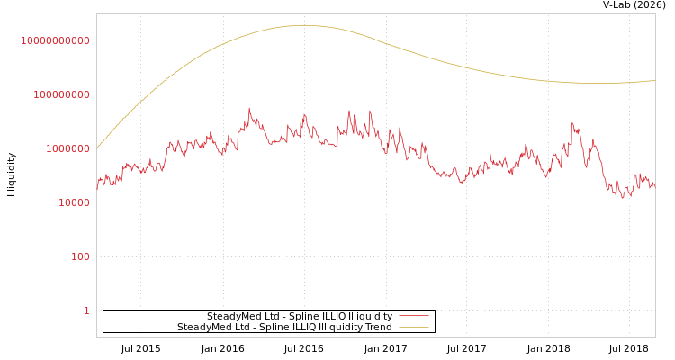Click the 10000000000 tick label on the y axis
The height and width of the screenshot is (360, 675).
click(x=55, y=40)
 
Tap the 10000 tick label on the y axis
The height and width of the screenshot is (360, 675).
click(x=73, y=202)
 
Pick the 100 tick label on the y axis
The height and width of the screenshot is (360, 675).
click(x=79, y=256)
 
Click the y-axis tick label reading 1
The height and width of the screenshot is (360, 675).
click(x=86, y=310)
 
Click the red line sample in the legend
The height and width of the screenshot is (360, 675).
click(x=413, y=316)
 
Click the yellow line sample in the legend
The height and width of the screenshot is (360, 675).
click(x=413, y=327)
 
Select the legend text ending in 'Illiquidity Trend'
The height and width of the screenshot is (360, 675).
click(x=284, y=327)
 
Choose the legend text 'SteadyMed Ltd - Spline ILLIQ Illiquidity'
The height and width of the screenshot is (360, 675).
click(x=300, y=316)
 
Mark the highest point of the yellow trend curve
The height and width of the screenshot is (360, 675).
click(x=303, y=25)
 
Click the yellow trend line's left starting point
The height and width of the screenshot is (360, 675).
click(x=97, y=148)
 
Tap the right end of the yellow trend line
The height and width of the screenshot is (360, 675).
click(x=654, y=80)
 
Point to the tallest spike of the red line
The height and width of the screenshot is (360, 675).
click(x=249, y=108)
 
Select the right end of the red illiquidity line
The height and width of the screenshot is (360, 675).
click(x=654, y=184)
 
